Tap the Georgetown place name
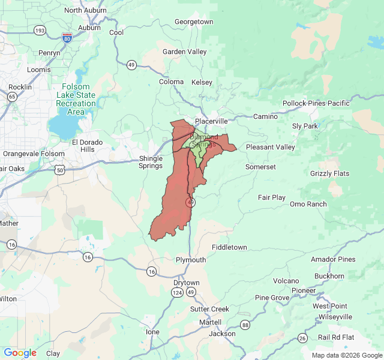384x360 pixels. click(194, 22)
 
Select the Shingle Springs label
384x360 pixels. click(151, 162)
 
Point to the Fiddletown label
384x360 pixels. click(229, 247)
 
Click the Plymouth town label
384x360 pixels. click(190, 260)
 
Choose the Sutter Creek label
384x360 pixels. click(209, 309)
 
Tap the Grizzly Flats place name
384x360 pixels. click(329, 173)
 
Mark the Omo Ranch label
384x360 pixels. click(308, 204)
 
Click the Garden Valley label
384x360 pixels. click(184, 52)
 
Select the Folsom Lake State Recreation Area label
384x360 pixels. click(76, 99)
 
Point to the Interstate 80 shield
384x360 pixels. click(67, 38)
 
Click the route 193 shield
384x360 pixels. click(40, 30)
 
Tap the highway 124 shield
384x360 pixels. click(177, 292)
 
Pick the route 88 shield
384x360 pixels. click(245, 325)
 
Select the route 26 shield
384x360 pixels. click(303, 338)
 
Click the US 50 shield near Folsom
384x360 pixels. click(60, 170)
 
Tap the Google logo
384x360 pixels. click(20, 353)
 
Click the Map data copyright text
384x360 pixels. click(346, 355)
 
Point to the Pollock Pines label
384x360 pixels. click(304, 103)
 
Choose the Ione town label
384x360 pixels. click(153, 331)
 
